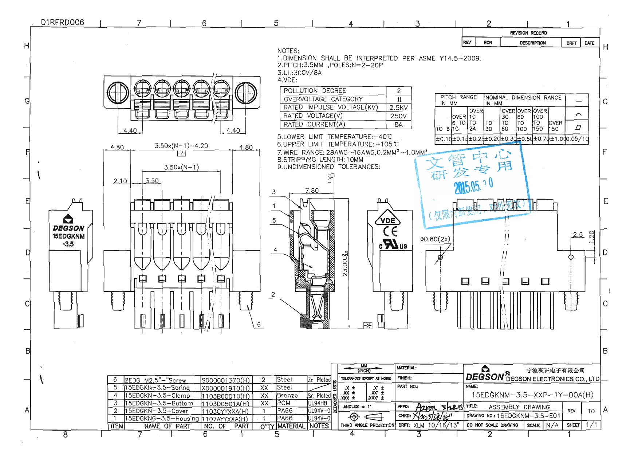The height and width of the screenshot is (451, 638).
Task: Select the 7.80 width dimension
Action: pyautogui.click(x=312, y=191)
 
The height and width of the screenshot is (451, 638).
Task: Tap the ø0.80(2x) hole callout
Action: pyautogui.click(x=435, y=239)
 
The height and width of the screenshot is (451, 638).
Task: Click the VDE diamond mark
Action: pyautogui.click(x=387, y=220)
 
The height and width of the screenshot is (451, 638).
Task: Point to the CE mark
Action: pyautogui.click(x=390, y=232)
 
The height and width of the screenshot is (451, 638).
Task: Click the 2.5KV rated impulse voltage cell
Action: pyautogui.click(x=398, y=107)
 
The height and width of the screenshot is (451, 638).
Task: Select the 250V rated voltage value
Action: pyautogui.click(x=398, y=116)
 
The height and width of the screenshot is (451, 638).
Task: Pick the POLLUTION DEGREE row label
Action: pyautogui.click(x=315, y=91)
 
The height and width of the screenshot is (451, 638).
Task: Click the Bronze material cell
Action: pyautogui.click(x=287, y=395)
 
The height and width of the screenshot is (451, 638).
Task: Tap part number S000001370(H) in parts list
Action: pyautogui.click(x=225, y=380)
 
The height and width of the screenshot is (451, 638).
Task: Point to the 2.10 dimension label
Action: pyautogui.click(x=120, y=181)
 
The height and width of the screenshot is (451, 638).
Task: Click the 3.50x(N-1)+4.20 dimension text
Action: pyautogui.click(x=181, y=146)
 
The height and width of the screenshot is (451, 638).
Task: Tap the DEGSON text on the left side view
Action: pyautogui.click(x=68, y=228)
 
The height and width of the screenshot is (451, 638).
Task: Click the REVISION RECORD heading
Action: pyautogui.click(x=528, y=33)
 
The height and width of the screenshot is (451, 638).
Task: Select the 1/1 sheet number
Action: pyautogui.click(x=591, y=425)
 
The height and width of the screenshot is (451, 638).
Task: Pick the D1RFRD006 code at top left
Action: pyautogui.click(x=62, y=22)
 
